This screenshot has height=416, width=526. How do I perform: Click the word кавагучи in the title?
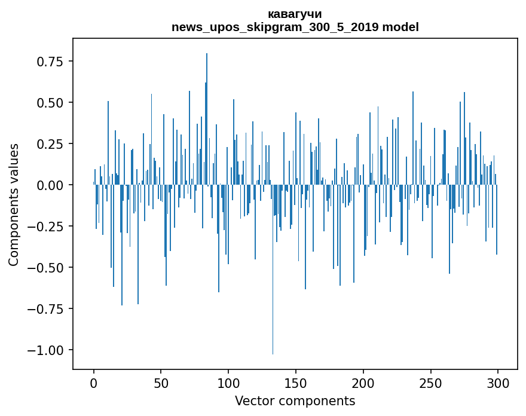pyautogui.click(x=295, y=14)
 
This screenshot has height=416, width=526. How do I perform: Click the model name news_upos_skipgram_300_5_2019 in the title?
pyautogui.click(x=276, y=27)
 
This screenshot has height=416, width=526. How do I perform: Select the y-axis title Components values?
pyautogui.click(x=14, y=204)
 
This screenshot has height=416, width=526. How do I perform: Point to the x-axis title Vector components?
pyautogui.click(x=295, y=401)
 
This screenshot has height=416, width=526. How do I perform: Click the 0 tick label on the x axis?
pyautogui.click(x=94, y=383)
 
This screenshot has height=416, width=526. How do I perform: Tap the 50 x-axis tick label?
pyautogui.click(x=161, y=383)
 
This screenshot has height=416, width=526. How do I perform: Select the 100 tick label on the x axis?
pyautogui.click(x=228, y=383)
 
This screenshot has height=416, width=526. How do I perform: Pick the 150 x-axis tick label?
pyautogui.click(x=296, y=383)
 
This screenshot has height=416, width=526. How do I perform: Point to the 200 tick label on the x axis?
pyautogui.click(x=363, y=383)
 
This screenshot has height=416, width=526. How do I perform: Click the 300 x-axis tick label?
pyautogui.click(x=498, y=383)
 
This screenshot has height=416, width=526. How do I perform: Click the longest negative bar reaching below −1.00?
pyautogui.click(x=273, y=299)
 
